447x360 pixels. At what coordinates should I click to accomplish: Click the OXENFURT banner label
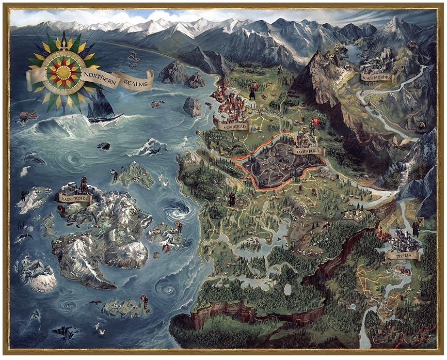308,151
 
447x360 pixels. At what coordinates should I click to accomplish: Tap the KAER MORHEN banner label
376,77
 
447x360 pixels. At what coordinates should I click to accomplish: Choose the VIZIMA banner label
404,255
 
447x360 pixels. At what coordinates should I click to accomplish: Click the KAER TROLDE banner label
75,198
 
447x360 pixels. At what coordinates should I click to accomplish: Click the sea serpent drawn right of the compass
133,59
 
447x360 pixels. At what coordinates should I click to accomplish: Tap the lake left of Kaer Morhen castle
353,52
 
